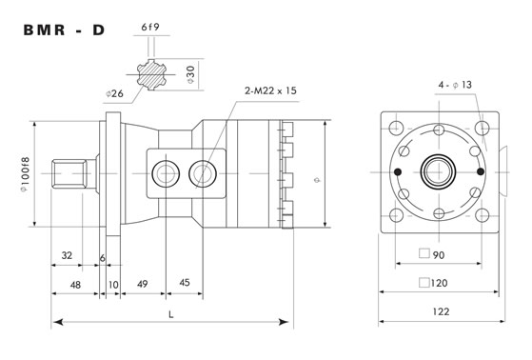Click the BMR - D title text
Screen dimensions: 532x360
coord(64,30)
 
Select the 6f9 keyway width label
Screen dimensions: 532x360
coord(150,28)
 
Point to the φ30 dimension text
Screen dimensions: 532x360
coord(191,74)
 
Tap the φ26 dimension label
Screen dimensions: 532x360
coord(114,93)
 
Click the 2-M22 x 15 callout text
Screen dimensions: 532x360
coord(270,90)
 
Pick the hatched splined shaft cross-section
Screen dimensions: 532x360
coord(151,74)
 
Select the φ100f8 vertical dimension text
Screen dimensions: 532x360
coord(25,175)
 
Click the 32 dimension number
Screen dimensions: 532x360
coord(67,255)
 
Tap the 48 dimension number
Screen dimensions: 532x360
coord(75,285)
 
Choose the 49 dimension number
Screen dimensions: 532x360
coord(143,284)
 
